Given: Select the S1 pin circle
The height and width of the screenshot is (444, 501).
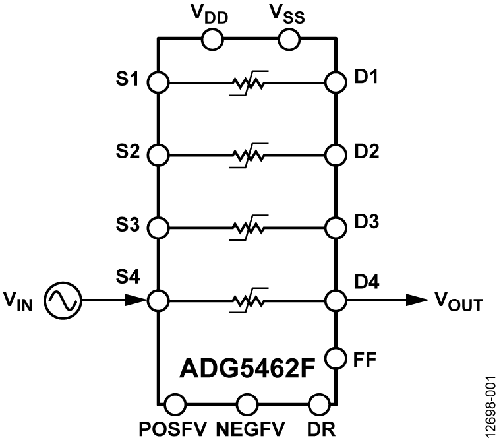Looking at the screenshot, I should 158,83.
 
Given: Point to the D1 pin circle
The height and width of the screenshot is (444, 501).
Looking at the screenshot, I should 336,83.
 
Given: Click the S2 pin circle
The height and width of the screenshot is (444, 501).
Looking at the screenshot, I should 158,156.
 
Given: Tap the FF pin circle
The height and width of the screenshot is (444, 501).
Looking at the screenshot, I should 336,359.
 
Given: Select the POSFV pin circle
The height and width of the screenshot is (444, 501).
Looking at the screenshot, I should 175,402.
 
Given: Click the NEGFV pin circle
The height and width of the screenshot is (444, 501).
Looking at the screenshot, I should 247,402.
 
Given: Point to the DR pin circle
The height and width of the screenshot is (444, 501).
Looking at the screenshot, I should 319,402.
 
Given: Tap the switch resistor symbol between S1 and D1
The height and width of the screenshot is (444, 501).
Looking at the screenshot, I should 247,83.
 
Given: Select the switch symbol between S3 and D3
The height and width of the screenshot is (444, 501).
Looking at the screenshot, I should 247,228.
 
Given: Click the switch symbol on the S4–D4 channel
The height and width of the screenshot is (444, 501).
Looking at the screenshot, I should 247,300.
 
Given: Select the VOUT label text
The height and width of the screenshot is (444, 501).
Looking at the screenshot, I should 458,303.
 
